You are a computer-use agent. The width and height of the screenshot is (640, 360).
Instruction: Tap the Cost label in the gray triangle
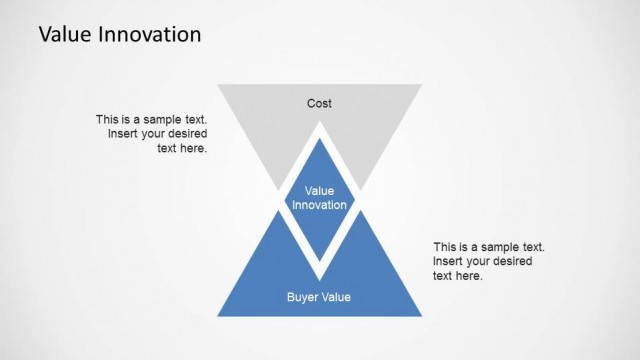pos(319,103)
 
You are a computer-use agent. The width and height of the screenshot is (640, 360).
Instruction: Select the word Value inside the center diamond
pos(319,190)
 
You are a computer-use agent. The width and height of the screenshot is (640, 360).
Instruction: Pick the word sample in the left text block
pos(157,119)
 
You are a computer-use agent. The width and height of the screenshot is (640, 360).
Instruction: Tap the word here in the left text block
pos(194,148)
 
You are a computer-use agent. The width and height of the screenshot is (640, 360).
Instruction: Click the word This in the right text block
pos(445,247)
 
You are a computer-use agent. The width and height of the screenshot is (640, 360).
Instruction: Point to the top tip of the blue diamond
pos(319,139)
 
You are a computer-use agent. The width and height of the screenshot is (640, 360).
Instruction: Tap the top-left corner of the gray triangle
pos(218,85)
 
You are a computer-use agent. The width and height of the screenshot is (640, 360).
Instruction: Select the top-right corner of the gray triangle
pos(421,85)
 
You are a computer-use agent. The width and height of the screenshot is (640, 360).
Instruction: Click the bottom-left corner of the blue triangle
pos(218,315)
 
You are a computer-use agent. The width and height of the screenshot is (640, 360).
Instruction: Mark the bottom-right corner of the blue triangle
pos(421,315)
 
